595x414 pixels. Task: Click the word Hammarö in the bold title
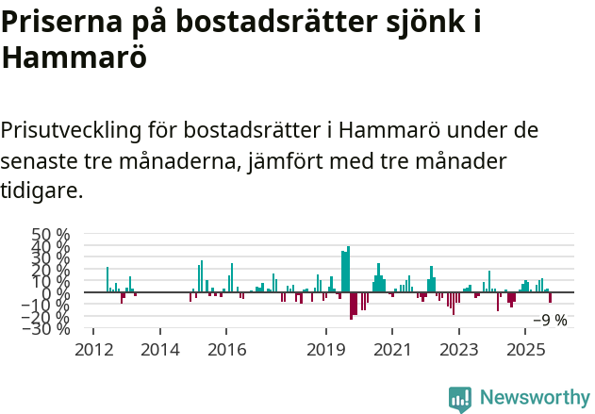(x=74, y=57)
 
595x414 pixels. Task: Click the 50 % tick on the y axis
(x=51, y=234)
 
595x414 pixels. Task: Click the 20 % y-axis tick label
(x=51, y=270)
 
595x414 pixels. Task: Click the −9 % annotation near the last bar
(x=550, y=321)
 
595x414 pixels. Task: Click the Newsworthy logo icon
(x=460, y=398)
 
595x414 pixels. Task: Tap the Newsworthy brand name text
(x=535, y=398)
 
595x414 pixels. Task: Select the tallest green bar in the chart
(x=348, y=270)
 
